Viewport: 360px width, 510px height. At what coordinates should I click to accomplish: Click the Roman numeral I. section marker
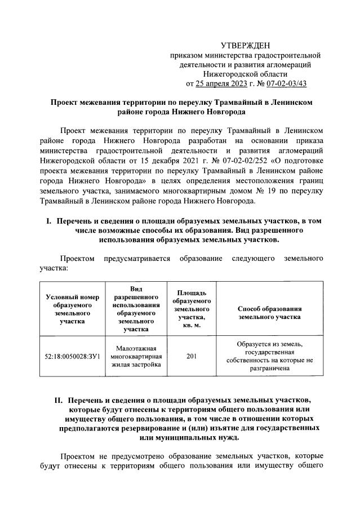[x=49, y=221]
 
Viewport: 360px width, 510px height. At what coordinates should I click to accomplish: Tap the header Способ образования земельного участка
[x=270, y=313]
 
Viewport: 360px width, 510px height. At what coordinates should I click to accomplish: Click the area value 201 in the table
[x=192, y=357]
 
